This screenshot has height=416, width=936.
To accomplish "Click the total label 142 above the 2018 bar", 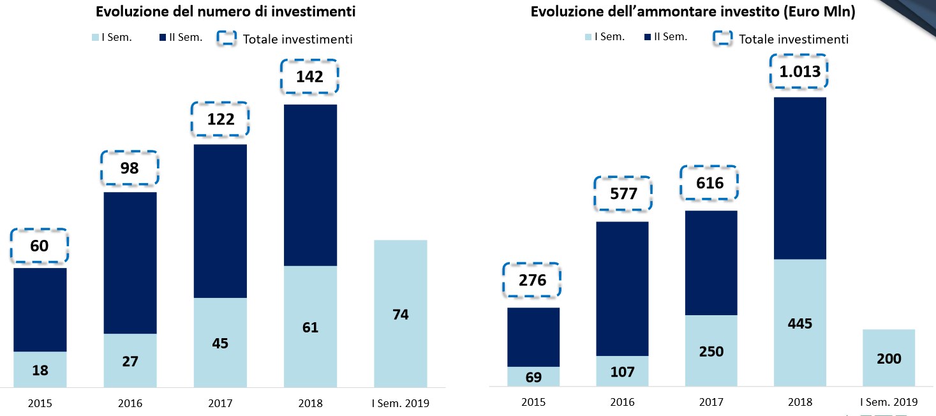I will (309, 77).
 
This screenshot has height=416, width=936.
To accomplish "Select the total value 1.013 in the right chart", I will (799, 72).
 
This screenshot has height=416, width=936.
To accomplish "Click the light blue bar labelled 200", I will (889, 357).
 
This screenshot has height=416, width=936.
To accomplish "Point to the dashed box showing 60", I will (40, 246).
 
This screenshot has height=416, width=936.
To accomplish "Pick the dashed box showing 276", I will (533, 280).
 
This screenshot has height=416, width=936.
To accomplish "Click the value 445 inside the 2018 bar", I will (800, 323).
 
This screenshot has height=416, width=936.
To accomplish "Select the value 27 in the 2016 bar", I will (130, 361).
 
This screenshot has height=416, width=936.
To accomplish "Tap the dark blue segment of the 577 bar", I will (622, 288).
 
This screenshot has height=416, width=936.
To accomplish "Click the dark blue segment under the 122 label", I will (220, 221).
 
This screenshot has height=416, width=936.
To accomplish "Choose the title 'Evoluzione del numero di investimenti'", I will (225, 11).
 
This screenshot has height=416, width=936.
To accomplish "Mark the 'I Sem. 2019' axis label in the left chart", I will (401, 403).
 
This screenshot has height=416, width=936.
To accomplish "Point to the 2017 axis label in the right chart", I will (711, 403).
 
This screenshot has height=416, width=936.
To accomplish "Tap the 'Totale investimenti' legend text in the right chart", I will (794, 39).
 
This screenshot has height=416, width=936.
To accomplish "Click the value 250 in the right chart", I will (711, 351).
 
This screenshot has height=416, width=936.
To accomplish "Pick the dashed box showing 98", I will (130, 169).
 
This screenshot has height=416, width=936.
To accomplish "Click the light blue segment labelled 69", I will (533, 376).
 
